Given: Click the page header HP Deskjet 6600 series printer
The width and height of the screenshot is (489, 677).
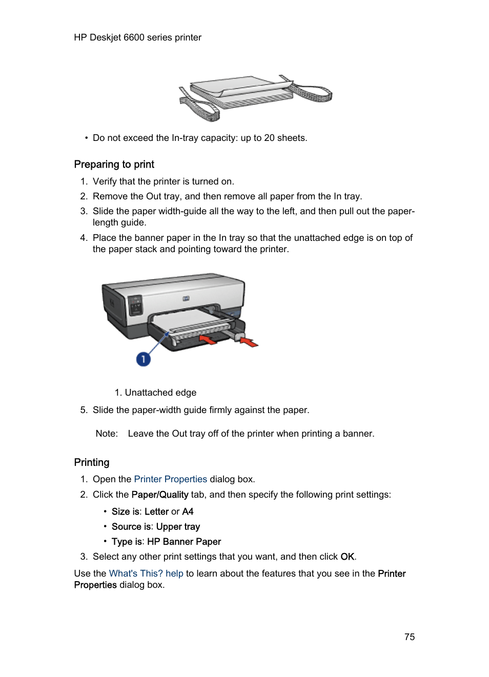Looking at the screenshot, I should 137,37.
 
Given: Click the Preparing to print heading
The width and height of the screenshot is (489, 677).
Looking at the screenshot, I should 114,165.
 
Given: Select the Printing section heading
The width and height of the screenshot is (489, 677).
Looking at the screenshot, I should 92,462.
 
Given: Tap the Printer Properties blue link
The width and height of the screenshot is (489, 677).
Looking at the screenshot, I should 170,479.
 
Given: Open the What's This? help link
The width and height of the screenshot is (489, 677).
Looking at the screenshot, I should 146,573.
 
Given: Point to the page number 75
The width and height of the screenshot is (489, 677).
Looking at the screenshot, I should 409,637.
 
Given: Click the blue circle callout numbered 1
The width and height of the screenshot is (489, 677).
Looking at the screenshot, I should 143,359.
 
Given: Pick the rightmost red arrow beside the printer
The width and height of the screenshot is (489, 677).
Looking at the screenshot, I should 249,341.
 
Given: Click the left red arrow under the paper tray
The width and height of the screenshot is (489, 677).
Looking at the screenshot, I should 208,339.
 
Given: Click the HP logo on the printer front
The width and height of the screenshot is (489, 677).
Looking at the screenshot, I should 186,298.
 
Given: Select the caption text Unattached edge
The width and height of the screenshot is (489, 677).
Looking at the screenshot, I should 160,393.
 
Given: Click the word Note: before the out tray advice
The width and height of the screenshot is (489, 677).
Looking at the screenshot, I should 107,434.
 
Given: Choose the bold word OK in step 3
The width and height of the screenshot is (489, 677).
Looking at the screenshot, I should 347,557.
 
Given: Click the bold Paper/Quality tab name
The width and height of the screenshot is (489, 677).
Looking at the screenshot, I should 160,495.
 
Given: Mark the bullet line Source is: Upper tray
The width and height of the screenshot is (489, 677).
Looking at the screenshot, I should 156,527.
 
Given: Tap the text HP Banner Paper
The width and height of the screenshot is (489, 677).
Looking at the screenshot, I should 184,542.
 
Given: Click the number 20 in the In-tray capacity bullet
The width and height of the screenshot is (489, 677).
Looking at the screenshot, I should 269,138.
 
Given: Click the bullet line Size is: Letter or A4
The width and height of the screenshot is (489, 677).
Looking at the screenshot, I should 153,511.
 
